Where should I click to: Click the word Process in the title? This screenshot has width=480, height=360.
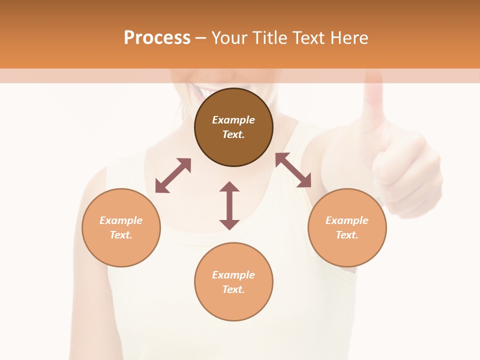coord(157,38)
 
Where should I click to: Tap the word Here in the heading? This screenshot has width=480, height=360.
coord(349,38)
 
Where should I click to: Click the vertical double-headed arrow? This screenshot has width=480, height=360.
coord(229,205)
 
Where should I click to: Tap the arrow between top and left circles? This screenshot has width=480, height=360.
coord(173,175)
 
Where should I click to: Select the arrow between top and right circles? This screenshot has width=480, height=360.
coord(293,170)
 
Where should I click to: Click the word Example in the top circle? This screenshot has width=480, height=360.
coord(233,120)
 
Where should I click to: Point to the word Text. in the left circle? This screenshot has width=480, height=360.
coord(121,235)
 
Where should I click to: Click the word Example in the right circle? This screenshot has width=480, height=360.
coord(347,220)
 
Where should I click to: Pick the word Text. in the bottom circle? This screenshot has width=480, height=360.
coord(233,289)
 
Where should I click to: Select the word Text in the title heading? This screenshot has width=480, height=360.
coord(308,38)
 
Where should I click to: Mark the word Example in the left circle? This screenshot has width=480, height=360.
coord(121,220)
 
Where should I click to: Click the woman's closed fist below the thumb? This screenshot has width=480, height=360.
coord(407,175)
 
